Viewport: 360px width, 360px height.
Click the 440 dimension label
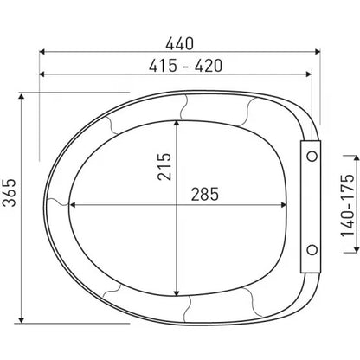[179, 44]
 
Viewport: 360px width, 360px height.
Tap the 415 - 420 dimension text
[185, 66]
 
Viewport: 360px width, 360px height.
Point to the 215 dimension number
[164, 167]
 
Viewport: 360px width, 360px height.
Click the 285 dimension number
[205, 194]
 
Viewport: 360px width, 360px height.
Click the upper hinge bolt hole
[312, 157]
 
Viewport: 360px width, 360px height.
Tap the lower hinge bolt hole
[312, 250]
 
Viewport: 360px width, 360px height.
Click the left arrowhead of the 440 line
[42, 52]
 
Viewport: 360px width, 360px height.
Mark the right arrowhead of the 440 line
[318, 52]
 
